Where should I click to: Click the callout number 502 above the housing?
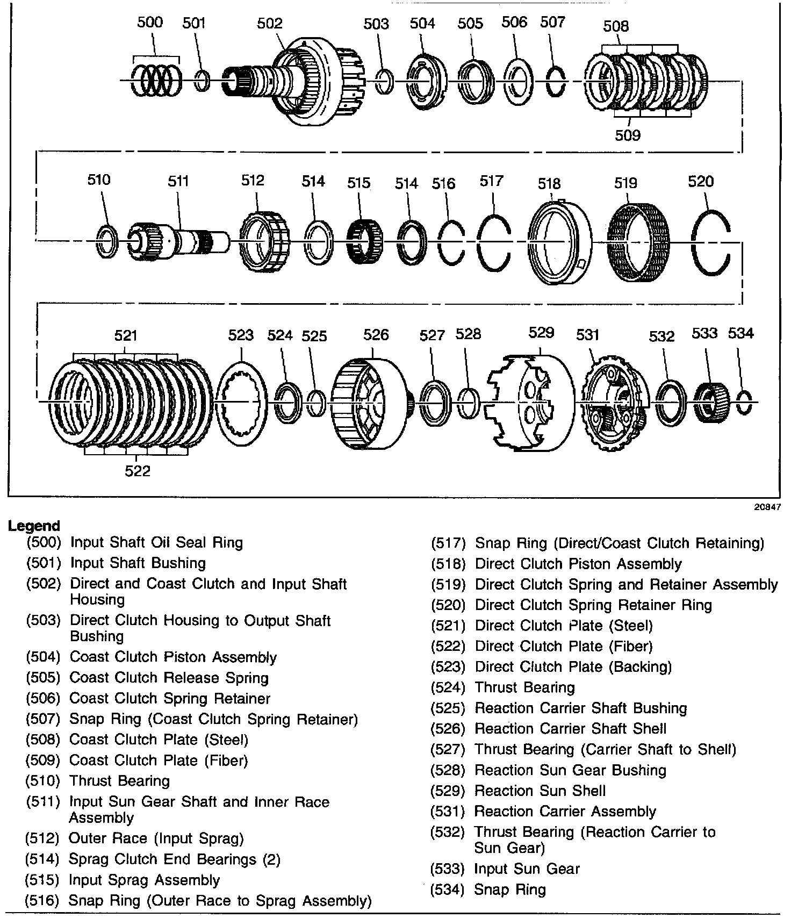[269, 23]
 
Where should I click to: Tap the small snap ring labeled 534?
[744, 403]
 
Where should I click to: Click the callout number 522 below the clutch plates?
[138, 471]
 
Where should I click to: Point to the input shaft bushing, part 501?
[202, 81]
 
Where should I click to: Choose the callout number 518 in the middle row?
[549, 183]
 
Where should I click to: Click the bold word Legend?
[34, 526]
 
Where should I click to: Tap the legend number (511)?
[42, 802]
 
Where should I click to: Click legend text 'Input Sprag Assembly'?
[145, 880]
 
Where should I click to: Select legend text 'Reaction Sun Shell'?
[540, 791]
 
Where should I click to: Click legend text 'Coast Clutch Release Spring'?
[169, 678]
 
